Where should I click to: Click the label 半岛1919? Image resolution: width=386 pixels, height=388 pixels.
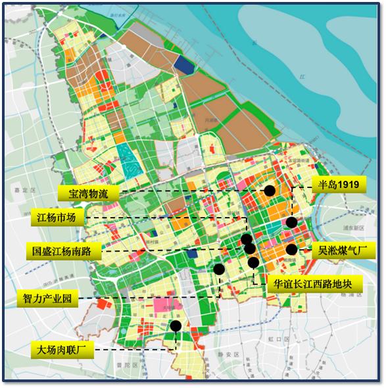coord(336,185)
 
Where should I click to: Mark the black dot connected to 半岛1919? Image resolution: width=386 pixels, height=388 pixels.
coord(291,223)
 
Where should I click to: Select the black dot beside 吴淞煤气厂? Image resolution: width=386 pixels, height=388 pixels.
coord(291,250)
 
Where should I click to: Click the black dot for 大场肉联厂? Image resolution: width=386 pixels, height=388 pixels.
coord(176,326)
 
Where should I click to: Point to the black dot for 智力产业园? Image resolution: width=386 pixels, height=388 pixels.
coord(219,268)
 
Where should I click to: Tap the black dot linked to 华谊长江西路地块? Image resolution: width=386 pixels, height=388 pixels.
coord(254,262)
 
